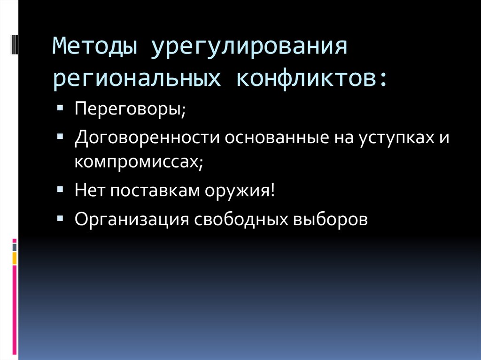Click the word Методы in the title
(x=94, y=47)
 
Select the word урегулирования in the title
(x=249, y=47)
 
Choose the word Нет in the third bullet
(x=90, y=190)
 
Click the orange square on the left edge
(x=15, y=258)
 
